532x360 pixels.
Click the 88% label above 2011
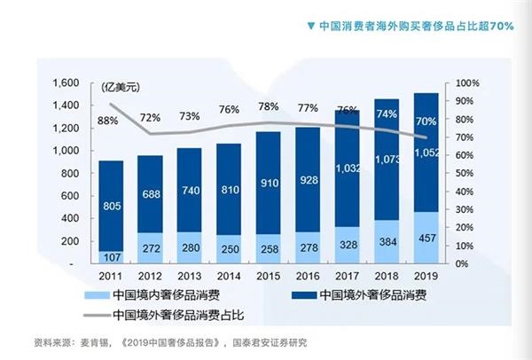coord(108,121)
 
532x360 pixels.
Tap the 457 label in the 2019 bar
coord(427,239)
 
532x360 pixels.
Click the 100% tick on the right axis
coord(468,82)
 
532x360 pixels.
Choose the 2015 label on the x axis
coord(269,277)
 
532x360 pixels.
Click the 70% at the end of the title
coord(498,25)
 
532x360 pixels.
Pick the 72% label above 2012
coord(150,118)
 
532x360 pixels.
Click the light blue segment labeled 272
coord(150,248)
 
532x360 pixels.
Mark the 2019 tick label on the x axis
coord(427,277)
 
